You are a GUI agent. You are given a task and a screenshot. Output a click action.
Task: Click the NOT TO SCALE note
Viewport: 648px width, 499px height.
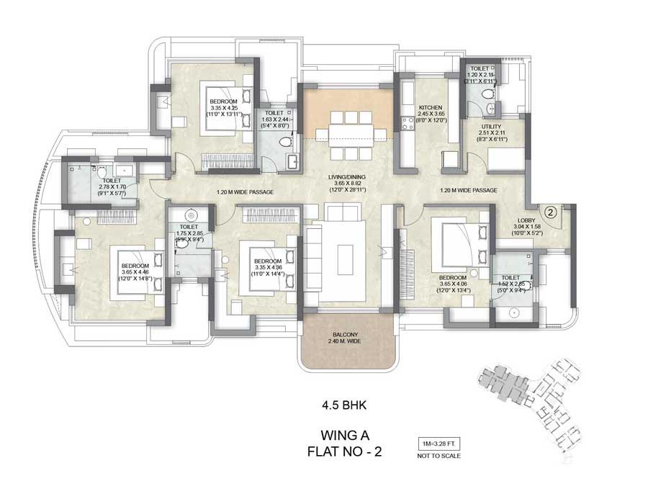[x=438, y=456]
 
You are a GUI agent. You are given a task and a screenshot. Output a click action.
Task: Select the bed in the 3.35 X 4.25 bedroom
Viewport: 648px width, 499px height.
[x=226, y=106]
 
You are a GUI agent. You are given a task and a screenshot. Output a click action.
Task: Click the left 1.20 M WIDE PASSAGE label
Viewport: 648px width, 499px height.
[x=246, y=192]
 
